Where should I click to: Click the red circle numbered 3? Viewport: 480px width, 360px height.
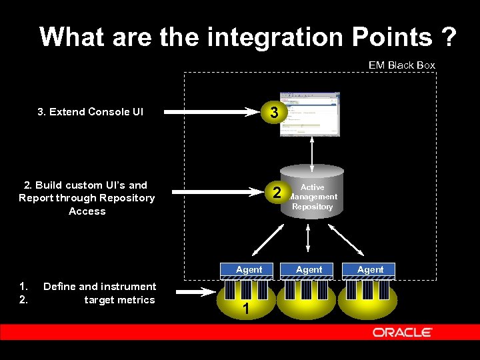coord(275,112)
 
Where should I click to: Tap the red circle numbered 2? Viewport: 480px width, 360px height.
coord(275,194)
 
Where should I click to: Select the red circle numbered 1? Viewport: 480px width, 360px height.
coord(246,309)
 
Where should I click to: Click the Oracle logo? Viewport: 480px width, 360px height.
coord(402,332)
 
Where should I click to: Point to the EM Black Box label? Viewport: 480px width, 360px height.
coord(401,65)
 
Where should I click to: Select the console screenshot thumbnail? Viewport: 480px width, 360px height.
coord(309,113)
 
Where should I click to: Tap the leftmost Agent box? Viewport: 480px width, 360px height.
coord(248,270)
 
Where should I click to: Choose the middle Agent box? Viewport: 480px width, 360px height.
coord(309,270)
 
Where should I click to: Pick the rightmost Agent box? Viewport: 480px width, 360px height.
coord(370,270)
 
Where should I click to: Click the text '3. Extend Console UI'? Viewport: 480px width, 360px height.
coord(90,112)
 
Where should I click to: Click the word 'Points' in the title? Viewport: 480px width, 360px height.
coord(385,37)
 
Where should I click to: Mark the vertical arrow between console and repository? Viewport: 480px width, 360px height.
coord(311,150)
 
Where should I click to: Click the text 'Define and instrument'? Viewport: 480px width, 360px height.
coord(99,287)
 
